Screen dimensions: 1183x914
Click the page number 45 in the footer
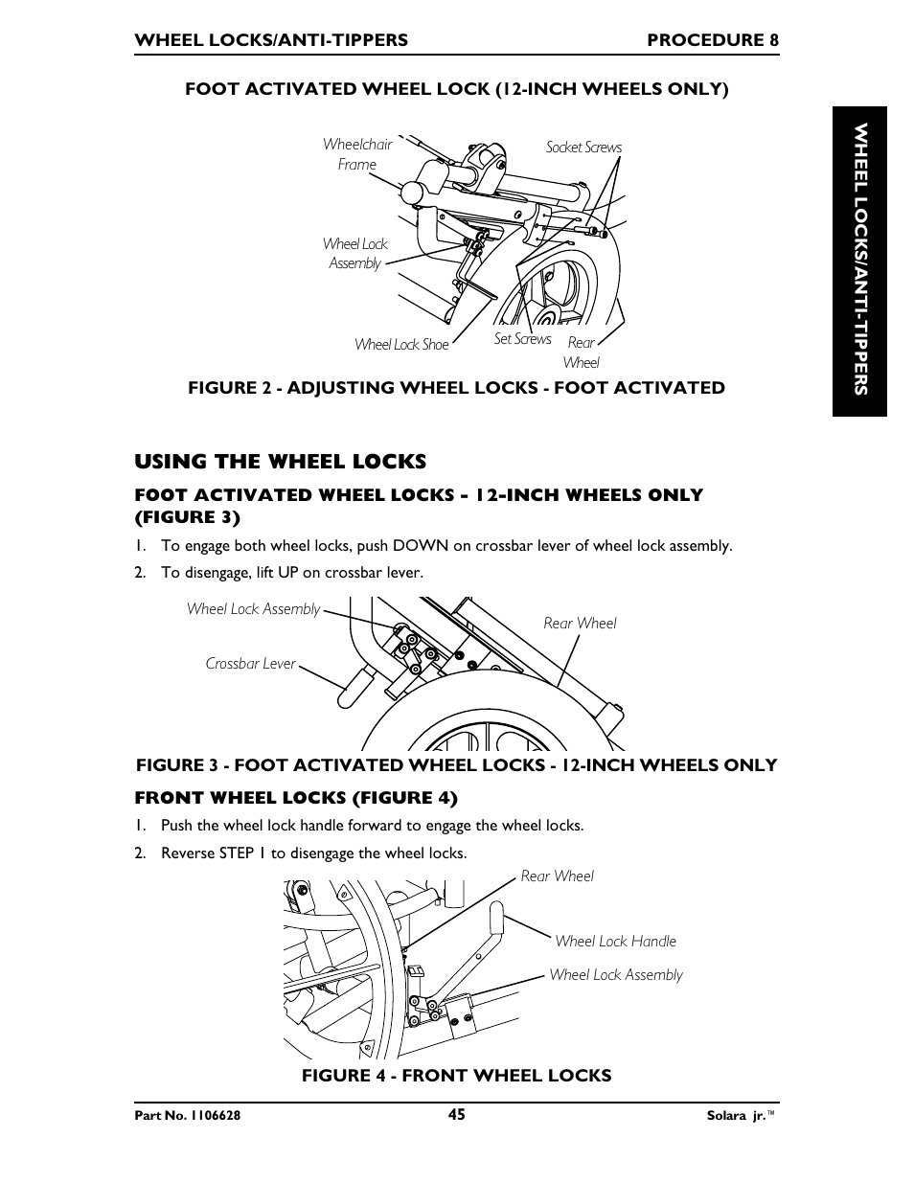click(456, 1114)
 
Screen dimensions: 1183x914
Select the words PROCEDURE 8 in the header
click(712, 40)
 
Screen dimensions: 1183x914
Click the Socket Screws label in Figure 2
click(583, 148)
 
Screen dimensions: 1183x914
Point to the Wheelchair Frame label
click(357, 154)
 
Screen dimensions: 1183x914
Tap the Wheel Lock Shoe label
click(400, 345)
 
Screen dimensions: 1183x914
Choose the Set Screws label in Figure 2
click(522, 339)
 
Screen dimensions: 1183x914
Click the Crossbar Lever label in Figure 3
click(250, 664)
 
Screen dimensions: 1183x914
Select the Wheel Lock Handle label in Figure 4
click(615, 942)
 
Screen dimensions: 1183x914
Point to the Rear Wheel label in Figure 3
click(580, 624)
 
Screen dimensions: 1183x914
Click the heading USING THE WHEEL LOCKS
click(280, 462)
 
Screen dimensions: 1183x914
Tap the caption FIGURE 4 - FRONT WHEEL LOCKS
click(456, 1076)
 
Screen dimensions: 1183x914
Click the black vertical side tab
click(859, 261)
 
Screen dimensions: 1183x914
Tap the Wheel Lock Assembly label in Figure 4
click(615, 975)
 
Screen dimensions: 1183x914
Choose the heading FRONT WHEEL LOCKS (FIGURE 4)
click(296, 798)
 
